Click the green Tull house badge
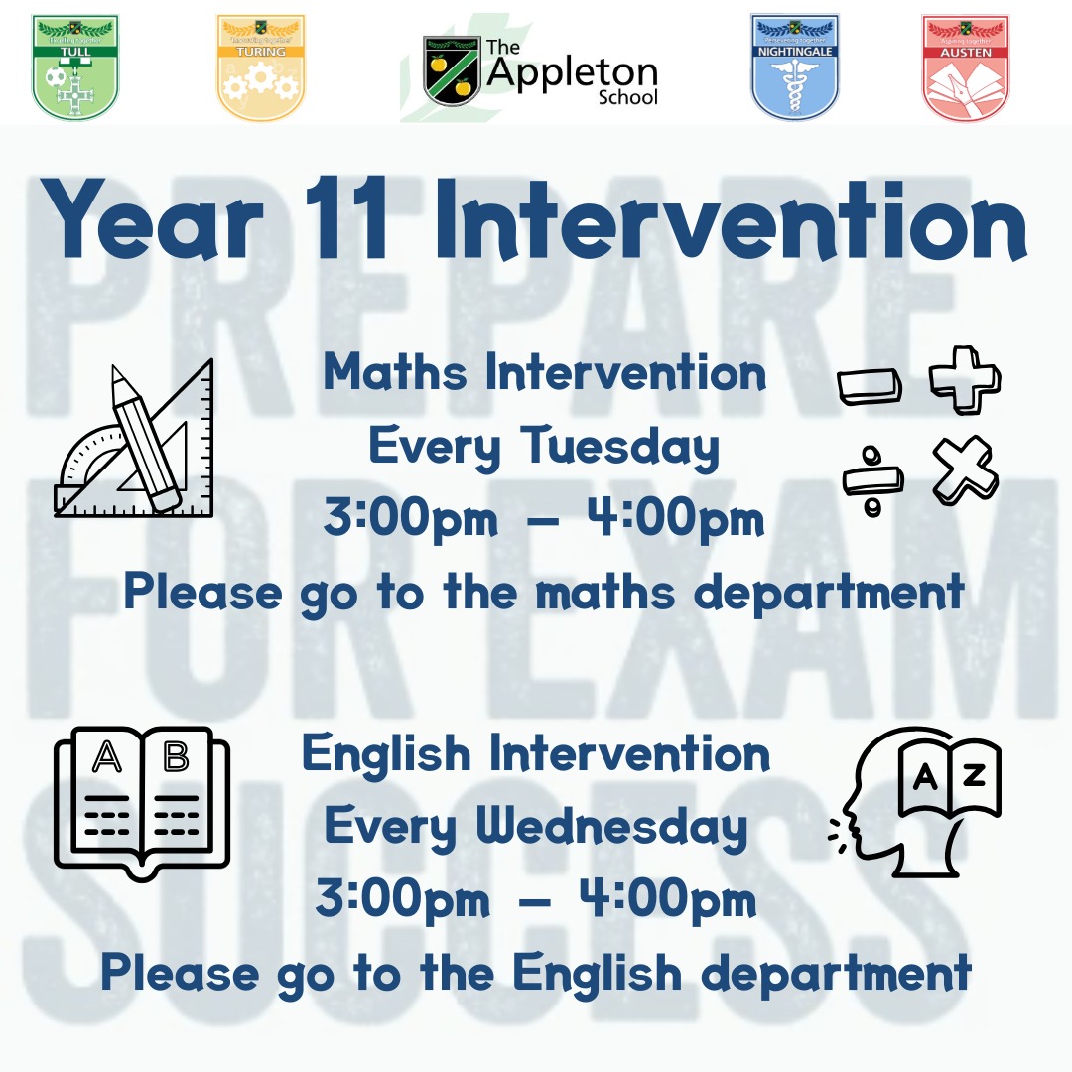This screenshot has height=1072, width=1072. coord(76,67)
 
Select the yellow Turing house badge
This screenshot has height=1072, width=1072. coord(261,67)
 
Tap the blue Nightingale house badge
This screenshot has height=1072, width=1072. coord(795,67)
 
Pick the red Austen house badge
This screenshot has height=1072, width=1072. coord(966,67)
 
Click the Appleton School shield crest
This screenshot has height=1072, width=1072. coord(452,70)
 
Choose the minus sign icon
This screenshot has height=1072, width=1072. coord(870,386)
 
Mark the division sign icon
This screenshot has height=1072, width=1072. coord(873,478)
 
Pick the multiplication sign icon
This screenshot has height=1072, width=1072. coord(965,469)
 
